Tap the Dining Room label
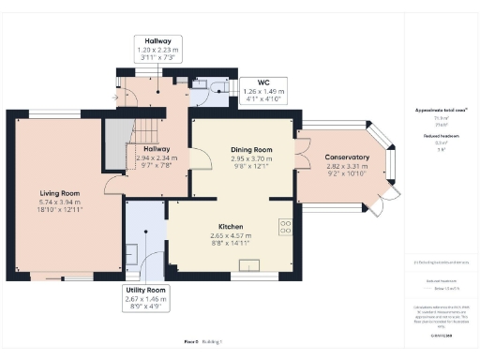pos(250,149)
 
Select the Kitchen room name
pos(231,227)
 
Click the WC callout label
pos(256,82)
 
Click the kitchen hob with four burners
pos(284,226)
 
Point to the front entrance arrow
pos(114,95)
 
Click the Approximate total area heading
pos(433,110)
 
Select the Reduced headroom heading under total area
pos(433,135)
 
